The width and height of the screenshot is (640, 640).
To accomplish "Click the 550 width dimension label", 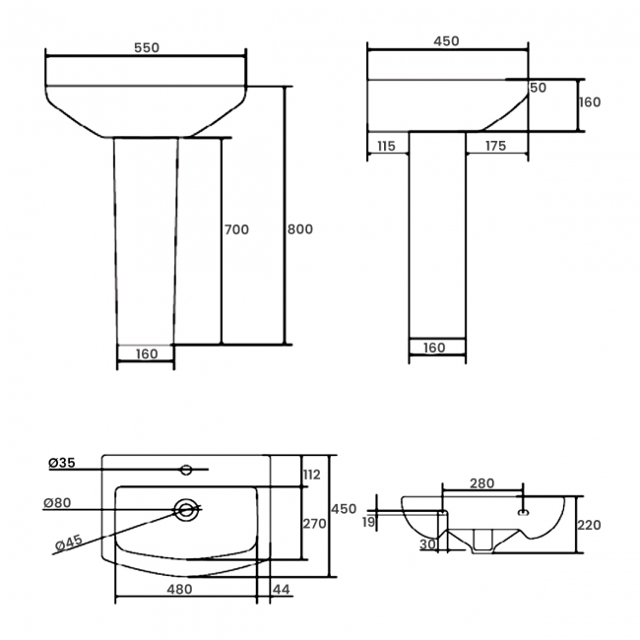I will pos(146,47).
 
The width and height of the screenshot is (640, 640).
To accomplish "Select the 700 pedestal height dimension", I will pos(236,229).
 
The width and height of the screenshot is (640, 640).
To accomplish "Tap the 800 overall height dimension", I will pos(299,229).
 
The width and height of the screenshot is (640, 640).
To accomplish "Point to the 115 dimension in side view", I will pos(385,146).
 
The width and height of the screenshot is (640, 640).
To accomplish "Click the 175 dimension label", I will pos(494,146).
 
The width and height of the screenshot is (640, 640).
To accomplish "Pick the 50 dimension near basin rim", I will pos(538,88).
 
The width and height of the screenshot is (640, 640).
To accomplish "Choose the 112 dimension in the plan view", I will pos(312,475).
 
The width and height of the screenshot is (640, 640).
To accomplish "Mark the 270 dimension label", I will pos(313,524).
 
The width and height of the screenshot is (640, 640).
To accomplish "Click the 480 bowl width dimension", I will pos(178,590).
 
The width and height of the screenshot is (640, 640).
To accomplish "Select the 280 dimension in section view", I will pos(481,483).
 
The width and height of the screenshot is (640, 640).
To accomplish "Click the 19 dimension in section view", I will pos(368,521).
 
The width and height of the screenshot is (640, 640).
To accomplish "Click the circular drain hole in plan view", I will pos(185,509).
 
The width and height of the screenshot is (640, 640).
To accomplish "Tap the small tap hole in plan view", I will pos(188,467).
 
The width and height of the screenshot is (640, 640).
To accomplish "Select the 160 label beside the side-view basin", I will pos(589,102).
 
